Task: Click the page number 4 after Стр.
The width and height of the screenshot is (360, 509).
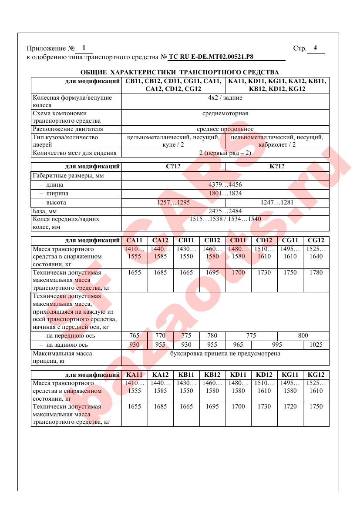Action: point(315,48)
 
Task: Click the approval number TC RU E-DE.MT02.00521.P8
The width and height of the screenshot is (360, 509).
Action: point(211,57)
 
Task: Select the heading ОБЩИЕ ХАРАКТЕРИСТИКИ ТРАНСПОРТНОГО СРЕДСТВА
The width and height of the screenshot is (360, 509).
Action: point(180,72)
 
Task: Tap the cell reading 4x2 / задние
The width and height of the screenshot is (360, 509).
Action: point(225,98)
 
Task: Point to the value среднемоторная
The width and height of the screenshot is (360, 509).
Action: point(225,114)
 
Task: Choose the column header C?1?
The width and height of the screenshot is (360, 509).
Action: point(173,166)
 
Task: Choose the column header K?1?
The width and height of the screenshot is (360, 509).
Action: point(277,166)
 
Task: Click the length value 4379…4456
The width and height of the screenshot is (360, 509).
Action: point(225,184)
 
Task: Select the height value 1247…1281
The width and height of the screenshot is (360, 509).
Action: point(277,203)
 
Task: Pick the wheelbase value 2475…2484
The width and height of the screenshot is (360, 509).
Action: point(225,211)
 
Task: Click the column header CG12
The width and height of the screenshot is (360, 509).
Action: point(316,241)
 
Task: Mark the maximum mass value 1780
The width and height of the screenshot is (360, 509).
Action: point(316,272)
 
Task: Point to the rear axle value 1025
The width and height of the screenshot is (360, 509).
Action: point(316,345)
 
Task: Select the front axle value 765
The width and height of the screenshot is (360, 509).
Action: point(135,335)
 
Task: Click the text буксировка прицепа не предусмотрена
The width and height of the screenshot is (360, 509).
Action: point(225,353)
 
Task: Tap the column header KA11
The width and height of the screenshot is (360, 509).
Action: point(135,375)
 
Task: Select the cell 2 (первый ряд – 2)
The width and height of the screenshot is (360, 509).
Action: point(225,153)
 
